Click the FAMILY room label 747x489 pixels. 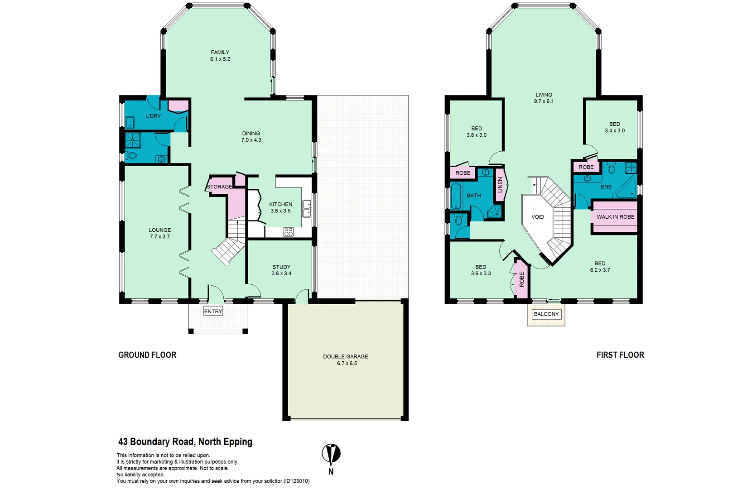(220, 53)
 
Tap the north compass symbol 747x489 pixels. (331, 454)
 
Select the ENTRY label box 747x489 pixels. (213, 312)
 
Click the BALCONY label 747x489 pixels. (546, 314)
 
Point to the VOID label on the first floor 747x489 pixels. (538, 217)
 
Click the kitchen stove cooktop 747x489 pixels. (289, 232)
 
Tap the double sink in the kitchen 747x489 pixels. (307, 208)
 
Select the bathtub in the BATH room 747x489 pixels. (456, 197)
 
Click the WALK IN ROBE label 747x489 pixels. (615, 217)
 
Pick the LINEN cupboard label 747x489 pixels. (500, 185)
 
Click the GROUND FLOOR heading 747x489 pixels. (147, 355)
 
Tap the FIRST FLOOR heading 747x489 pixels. (620, 355)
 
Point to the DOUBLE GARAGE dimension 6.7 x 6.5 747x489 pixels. (347, 363)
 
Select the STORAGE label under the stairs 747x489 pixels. (219, 187)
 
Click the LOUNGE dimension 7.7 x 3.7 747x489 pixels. (160, 237)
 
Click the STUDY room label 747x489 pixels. (281, 267)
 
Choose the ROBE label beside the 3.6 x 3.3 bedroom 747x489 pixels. (522, 279)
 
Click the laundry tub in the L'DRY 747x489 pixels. (130, 122)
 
